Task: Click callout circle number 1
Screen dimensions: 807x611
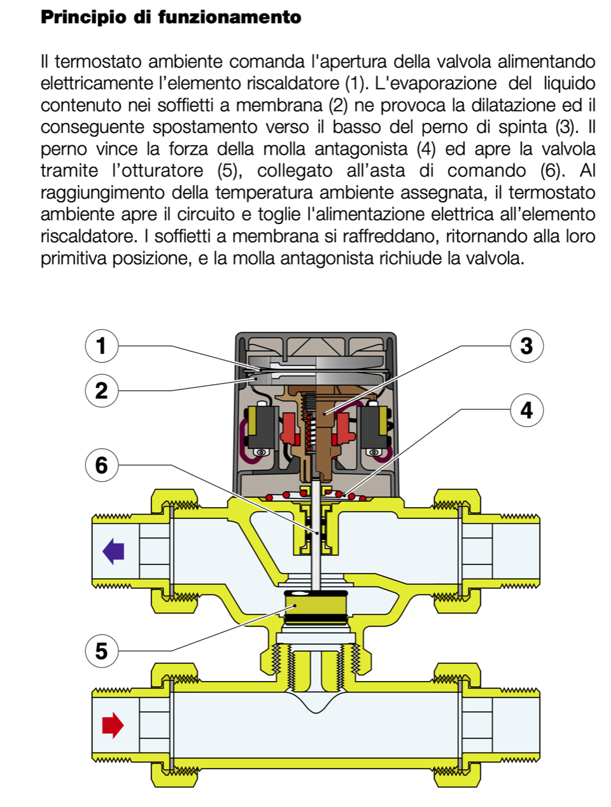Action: (x=102, y=346)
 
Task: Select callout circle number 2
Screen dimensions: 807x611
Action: (x=102, y=389)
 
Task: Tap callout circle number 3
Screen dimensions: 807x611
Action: (x=526, y=346)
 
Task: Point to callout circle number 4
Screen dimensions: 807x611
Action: (x=526, y=410)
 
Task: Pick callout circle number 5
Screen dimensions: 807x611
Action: (x=102, y=650)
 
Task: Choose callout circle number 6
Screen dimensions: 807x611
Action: (x=102, y=465)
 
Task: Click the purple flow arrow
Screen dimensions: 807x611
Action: (x=113, y=551)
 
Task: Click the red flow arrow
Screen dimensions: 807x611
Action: (x=113, y=724)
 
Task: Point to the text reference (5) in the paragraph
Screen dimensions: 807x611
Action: (x=230, y=171)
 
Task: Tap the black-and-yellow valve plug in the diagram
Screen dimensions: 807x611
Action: (x=316, y=608)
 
